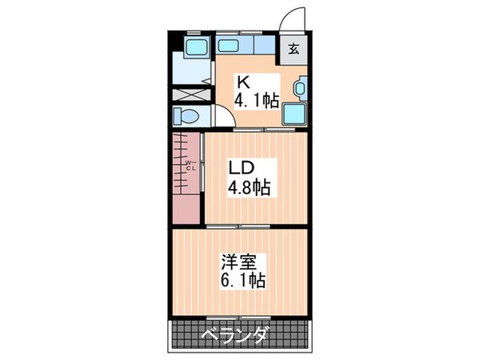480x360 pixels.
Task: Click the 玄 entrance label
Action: (x=293, y=48)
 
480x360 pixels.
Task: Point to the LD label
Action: (x=242, y=169)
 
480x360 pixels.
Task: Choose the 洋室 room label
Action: (x=239, y=262)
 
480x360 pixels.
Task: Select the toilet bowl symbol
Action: (x=186, y=115)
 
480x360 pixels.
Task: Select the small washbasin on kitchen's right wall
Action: (x=300, y=87)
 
